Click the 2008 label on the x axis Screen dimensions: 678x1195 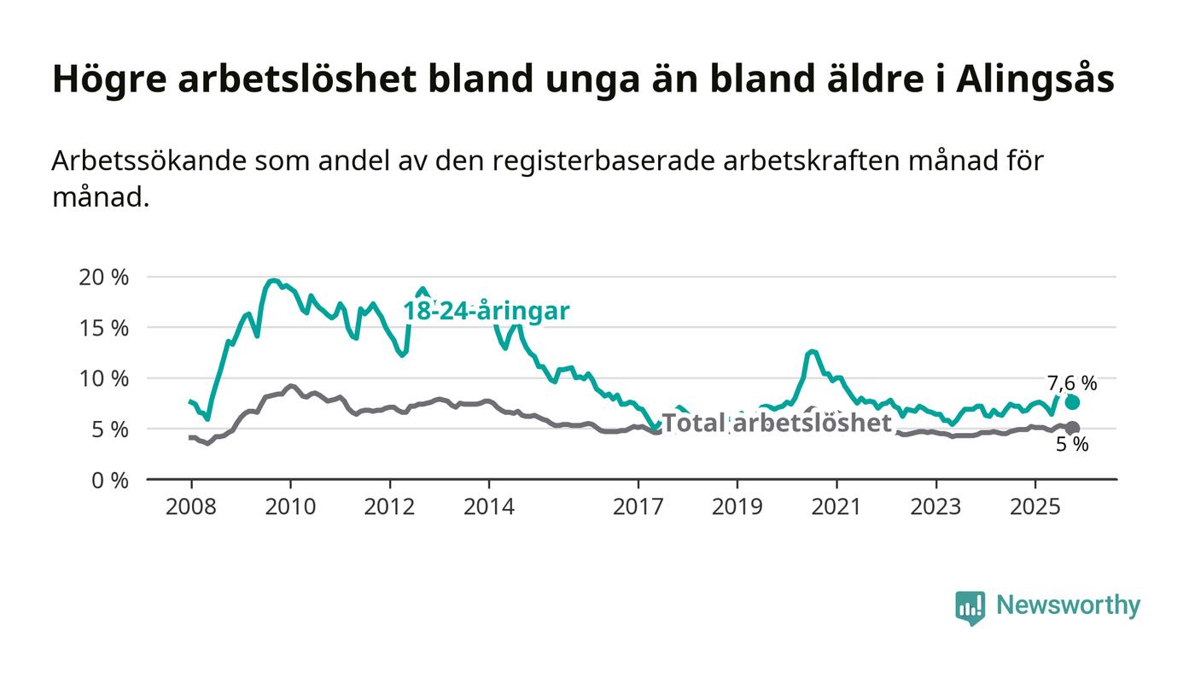pyautogui.click(x=189, y=507)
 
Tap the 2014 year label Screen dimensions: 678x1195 pyautogui.click(x=489, y=507)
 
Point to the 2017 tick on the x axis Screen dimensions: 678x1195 pyautogui.click(x=638, y=507)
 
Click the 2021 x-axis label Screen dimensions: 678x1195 pyautogui.click(x=836, y=507)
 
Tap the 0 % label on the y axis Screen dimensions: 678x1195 pyautogui.click(x=111, y=480)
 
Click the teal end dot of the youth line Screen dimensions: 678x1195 pyautogui.click(x=1072, y=402)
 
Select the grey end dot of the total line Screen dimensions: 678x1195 pyautogui.click(x=1073, y=428)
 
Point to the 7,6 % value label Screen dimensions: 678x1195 pyautogui.click(x=1072, y=383)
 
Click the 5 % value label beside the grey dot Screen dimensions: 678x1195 pyautogui.click(x=1072, y=445)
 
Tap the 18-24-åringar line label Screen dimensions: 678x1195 pyautogui.click(x=486, y=312)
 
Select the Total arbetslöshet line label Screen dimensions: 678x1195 pyautogui.click(x=777, y=423)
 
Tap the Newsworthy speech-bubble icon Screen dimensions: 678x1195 pyautogui.click(x=970, y=607)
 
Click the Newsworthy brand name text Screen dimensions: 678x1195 pyautogui.click(x=1068, y=605)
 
